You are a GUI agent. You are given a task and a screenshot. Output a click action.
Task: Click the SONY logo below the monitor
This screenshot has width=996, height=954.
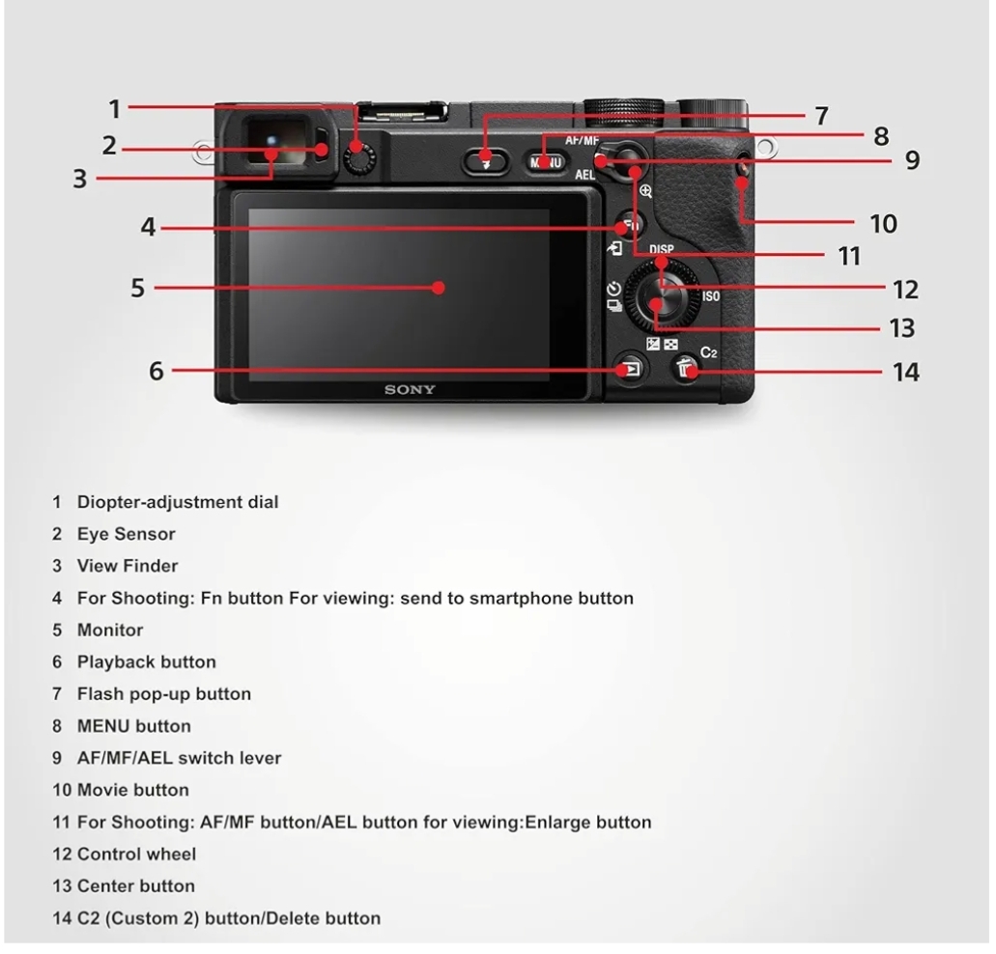click(x=410, y=390)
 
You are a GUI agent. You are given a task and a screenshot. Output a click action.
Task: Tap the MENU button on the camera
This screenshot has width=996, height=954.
click(x=546, y=161)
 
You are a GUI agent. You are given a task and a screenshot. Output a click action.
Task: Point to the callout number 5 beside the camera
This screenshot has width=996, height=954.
click(x=138, y=288)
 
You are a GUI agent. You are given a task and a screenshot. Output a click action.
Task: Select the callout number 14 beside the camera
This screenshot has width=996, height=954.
click(x=905, y=372)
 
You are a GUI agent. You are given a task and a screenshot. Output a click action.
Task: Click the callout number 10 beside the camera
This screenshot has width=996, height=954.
click(x=883, y=224)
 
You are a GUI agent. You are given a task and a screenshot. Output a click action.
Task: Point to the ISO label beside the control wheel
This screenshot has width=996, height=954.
click(x=711, y=296)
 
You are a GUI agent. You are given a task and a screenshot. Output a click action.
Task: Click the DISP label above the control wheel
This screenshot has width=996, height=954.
click(x=662, y=249)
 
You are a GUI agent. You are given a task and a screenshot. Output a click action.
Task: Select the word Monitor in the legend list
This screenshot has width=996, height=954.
click(x=110, y=631)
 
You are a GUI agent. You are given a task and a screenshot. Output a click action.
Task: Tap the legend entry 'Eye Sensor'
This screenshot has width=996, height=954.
click(x=126, y=534)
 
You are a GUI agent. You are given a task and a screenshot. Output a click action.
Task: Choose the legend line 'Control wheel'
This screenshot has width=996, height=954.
click(x=136, y=854)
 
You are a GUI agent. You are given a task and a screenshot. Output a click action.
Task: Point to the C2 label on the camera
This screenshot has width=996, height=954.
click(x=709, y=352)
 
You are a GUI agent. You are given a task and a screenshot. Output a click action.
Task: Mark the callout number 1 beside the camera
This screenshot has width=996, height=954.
click(x=115, y=108)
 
